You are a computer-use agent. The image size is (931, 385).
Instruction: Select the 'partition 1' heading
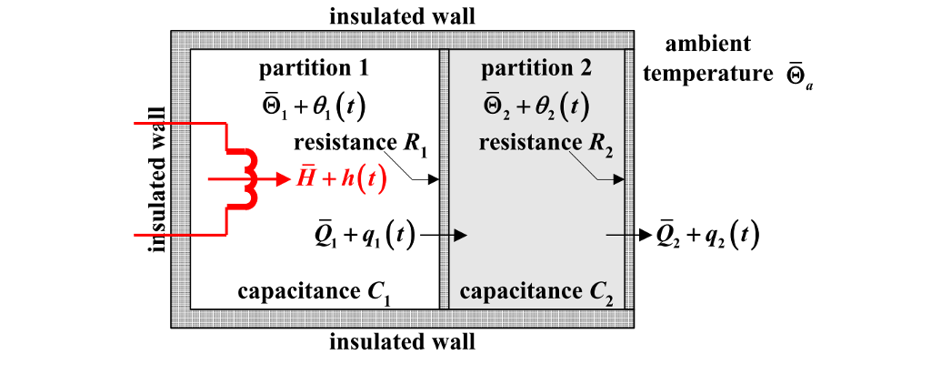314,68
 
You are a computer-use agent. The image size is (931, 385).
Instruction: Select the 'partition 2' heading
536,68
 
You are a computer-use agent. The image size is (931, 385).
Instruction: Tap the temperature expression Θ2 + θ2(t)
536,106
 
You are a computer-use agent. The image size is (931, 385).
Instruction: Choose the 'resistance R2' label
543,143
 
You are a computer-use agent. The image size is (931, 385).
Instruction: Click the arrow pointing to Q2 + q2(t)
627,236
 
